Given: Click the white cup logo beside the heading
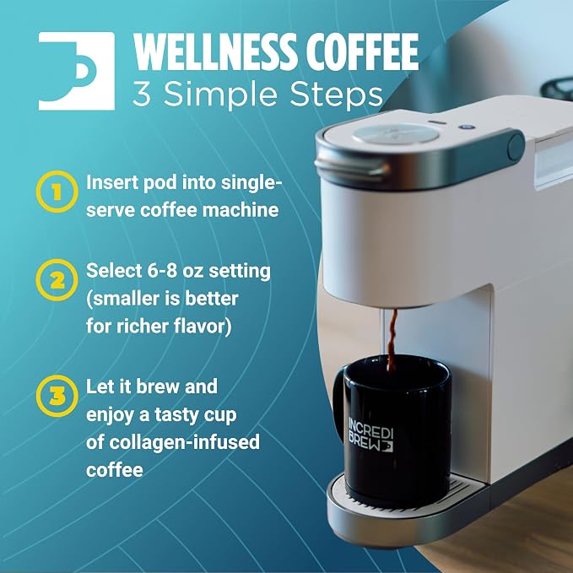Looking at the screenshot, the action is coord(77,71).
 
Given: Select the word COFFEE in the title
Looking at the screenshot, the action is coord(362,51).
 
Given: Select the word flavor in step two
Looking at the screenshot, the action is coord(202,327).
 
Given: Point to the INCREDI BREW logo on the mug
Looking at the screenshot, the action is coord(370,435).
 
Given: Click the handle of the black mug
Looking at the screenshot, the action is coord(338,396).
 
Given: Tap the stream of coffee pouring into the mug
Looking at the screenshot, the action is coord(392,340).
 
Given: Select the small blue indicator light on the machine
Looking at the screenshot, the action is coord(467,127).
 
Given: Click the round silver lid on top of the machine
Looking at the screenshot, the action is coord(396,133).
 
